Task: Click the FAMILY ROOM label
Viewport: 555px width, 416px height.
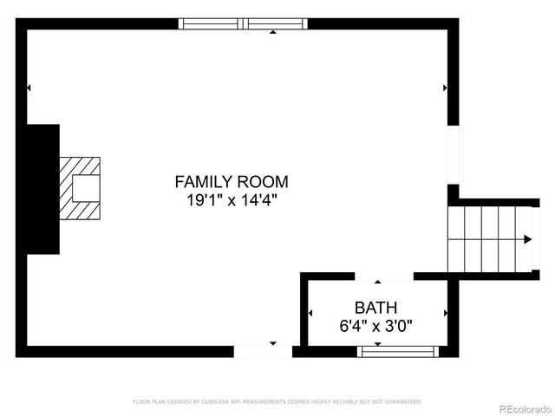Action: click(x=232, y=182)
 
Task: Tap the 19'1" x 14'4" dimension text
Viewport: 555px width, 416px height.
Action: click(x=232, y=200)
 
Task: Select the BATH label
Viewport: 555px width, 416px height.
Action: click(x=375, y=308)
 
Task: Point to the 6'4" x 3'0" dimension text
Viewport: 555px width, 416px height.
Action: click(x=375, y=326)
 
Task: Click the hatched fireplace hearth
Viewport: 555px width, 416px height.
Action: click(x=79, y=188)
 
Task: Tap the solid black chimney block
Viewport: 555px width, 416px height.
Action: click(x=42, y=189)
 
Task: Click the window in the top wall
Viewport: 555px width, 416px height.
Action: click(x=244, y=23)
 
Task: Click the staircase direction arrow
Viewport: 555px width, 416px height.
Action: click(x=527, y=239)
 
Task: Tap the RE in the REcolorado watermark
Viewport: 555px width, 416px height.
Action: click(x=506, y=408)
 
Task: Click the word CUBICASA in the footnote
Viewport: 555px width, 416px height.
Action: click(x=217, y=401)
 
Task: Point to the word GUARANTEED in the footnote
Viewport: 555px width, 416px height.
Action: click(x=402, y=401)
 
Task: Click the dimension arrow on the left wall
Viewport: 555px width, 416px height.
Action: click(x=29, y=88)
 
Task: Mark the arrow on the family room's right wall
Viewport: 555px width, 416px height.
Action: click(x=445, y=88)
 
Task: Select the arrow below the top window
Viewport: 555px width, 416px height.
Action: click(x=273, y=32)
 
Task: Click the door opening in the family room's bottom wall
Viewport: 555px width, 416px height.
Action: click(x=263, y=351)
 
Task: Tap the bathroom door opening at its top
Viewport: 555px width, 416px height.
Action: click(x=379, y=276)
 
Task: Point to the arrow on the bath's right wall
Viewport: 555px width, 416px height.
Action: click(x=445, y=313)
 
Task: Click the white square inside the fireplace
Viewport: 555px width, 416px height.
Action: click(x=85, y=187)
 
